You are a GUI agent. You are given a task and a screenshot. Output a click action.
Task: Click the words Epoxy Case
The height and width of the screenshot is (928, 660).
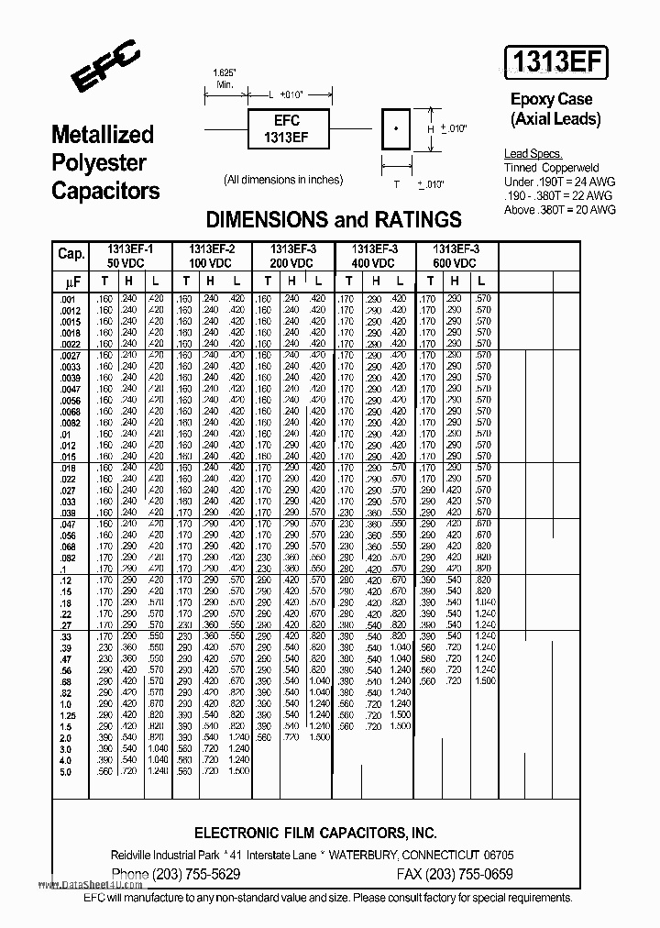point(551,99)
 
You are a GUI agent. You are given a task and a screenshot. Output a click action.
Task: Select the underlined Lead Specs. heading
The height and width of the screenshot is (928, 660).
point(533,154)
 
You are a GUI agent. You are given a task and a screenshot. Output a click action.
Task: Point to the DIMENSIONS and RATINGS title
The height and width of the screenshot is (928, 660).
point(334,219)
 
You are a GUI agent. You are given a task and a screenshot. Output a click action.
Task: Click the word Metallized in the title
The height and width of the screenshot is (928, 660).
point(102,135)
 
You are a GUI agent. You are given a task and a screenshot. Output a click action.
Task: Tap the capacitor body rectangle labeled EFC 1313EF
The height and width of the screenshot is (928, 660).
point(287,128)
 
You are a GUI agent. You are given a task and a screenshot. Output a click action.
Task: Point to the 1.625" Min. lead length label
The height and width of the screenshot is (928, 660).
point(224,78)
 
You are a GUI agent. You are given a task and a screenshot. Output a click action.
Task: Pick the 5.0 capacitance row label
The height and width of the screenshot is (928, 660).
point(65,773)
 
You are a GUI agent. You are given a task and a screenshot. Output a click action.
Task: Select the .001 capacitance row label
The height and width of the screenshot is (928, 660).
point(65,299)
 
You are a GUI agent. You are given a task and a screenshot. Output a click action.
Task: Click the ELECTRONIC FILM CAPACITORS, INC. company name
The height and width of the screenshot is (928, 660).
point(316,833)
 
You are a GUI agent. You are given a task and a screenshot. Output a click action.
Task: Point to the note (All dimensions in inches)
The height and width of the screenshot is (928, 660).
point(283,180)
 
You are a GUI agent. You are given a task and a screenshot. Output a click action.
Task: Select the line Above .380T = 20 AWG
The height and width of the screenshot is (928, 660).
point(559,209)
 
